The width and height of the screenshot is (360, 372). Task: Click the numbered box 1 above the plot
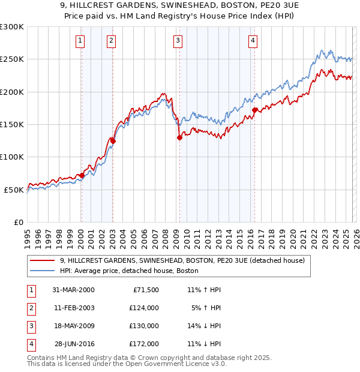(x=80, y=41)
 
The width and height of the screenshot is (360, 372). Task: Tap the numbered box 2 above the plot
(x=112, y=41)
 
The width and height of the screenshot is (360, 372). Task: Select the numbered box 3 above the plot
(x=178, y=41)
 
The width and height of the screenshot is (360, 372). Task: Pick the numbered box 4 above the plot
(x=253, y=41)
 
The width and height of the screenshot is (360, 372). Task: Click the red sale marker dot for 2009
(x=179, y=137)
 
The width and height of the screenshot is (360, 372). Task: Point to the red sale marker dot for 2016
(x=255, y=110)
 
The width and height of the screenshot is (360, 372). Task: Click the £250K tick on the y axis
(x=13, y=59)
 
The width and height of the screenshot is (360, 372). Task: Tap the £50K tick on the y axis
(x=14, y=190)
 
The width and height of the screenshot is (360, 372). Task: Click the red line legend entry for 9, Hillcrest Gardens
(x=182, y=260)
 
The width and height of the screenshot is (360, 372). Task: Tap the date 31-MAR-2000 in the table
(x=73, y=290)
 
